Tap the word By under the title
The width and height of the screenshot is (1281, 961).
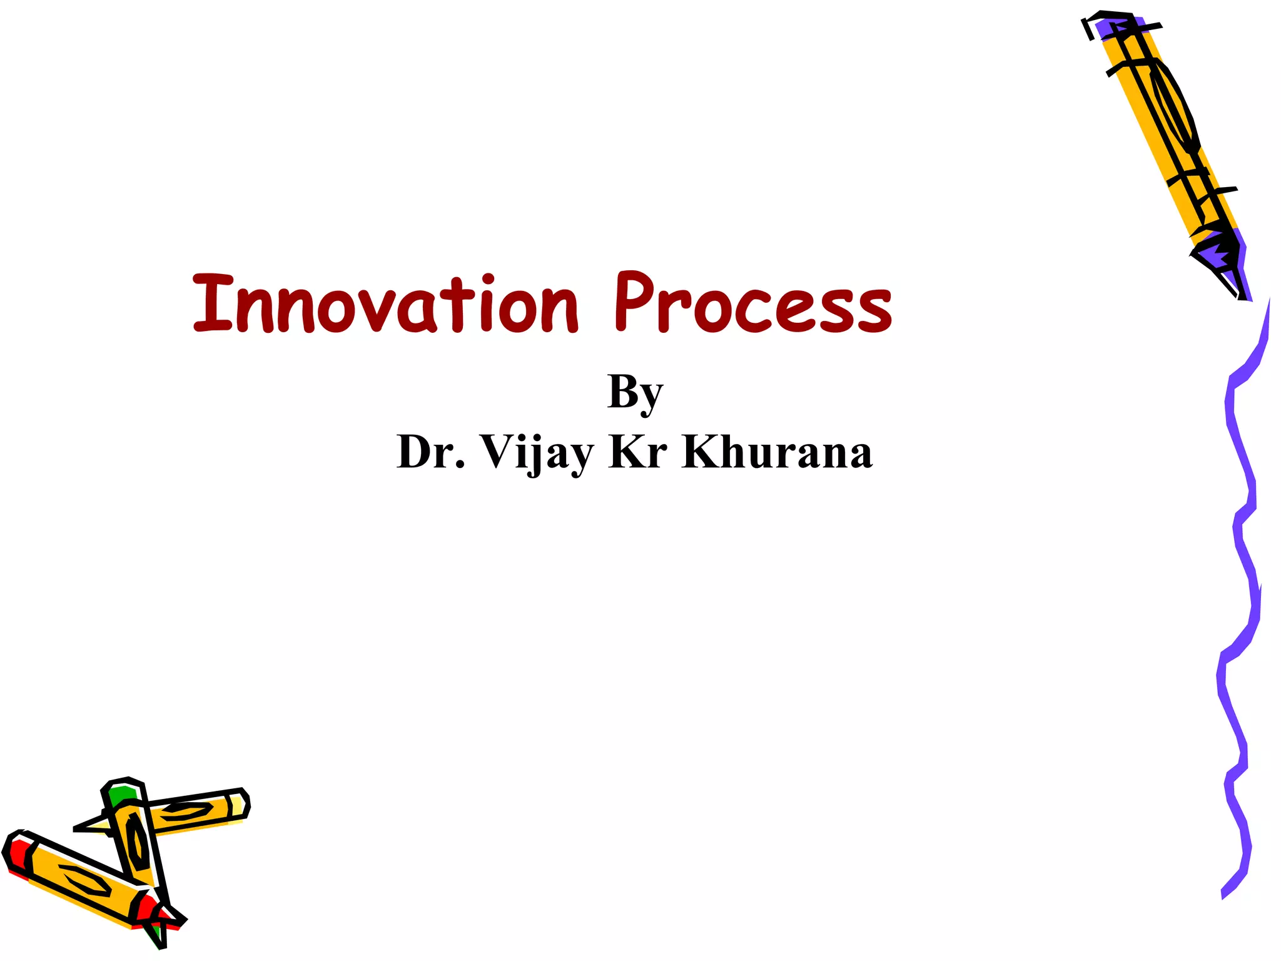coord(634,392)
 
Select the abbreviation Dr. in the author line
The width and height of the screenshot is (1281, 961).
coord(430,452)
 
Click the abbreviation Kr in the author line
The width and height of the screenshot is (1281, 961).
coord(638,452)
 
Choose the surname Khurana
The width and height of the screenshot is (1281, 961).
coord(777,452)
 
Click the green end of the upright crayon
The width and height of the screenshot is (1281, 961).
coord(121,795)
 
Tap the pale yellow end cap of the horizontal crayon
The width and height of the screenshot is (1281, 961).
coord(238,804)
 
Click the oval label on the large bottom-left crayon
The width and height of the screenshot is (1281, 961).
coord(84,880)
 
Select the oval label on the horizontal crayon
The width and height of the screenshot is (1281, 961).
coord(186,811)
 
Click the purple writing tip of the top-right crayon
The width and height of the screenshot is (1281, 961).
coord(1220,253)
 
